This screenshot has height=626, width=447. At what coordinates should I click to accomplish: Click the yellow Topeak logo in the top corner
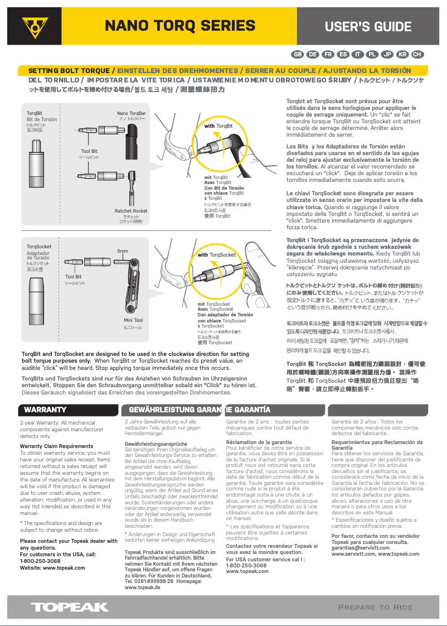[35, 27]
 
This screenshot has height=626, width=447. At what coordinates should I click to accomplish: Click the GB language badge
[298, 54]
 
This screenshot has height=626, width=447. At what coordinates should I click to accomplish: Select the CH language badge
[417, 54]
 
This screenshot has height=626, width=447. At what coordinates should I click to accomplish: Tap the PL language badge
[372, 54]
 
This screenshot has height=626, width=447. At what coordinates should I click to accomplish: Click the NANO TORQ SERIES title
[180, 26]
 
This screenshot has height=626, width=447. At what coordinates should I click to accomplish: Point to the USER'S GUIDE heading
[368, 26]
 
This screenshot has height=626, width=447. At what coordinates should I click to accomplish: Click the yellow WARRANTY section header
[46, 410]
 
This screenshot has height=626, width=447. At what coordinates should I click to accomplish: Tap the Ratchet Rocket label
[131, 211]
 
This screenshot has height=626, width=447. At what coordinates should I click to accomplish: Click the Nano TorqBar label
[132, 113]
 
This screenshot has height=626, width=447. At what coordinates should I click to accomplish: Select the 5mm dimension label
[123, 251]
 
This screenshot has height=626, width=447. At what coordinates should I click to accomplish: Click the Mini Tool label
[133, 320]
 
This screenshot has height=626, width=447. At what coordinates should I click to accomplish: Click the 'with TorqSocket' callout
[217, 255]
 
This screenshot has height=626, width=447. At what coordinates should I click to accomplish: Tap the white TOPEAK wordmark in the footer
[70, 607]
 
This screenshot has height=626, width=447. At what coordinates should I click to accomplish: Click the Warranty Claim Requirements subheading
[56, 446]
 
